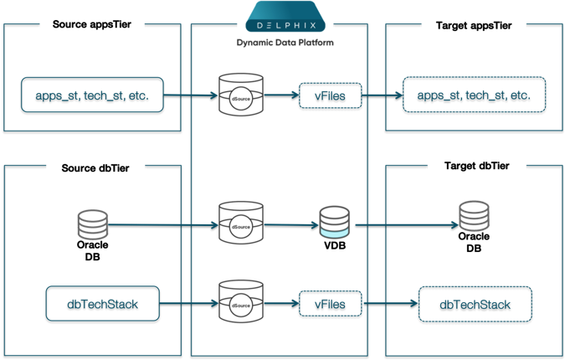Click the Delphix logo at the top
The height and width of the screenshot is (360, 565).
pyautogui.click(x=285, y=18)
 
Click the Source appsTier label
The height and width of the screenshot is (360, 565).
pyautogui.click(x=93, y=25)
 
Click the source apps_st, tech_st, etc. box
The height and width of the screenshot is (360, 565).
pyautogui.click(x=92, y=95)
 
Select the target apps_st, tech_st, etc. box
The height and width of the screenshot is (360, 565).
pyautogui.click(x=474, y=95)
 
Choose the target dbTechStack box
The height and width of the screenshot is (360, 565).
pyautogui.click(x=475, y=303)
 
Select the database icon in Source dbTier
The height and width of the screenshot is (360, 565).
pyautogui.click(x=92, y=224)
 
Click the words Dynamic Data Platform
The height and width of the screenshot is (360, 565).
pyautogui.click(x=285, y=41)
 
